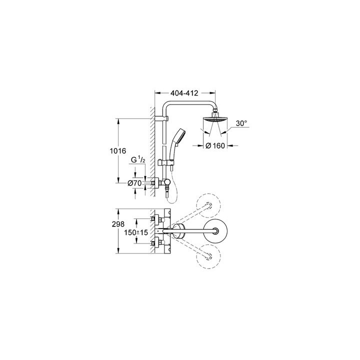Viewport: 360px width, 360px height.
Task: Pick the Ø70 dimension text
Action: pos(134,183)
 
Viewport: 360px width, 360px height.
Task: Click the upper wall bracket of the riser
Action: pos(163,118)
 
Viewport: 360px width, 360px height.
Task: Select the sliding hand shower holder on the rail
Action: pos(165,163)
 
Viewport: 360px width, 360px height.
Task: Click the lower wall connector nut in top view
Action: pos(156,243)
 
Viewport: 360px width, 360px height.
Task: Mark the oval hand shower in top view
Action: pos(178,230)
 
